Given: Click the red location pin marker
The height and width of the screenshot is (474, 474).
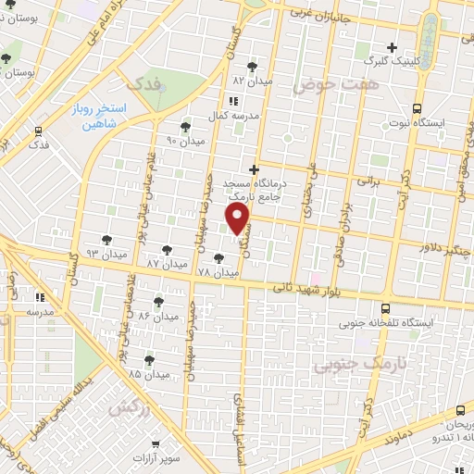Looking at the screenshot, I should point(239,219).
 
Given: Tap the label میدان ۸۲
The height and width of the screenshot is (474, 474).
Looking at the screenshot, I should point(253,81).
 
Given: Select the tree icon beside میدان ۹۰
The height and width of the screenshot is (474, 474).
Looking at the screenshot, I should point(185,126).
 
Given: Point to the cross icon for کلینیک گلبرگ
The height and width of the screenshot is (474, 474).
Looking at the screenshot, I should point(392,47).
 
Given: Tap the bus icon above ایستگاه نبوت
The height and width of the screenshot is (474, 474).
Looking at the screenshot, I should point(417,107).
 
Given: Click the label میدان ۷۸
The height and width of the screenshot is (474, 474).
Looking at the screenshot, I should point(218,274).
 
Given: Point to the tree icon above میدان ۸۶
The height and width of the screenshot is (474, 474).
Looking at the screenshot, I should point(158,302).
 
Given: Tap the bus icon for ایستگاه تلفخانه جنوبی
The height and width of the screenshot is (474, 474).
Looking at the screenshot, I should point(385,309).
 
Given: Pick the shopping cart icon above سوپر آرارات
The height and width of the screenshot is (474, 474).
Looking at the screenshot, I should point(168,443).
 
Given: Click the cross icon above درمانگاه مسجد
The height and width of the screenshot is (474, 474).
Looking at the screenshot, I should point(254,169).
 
